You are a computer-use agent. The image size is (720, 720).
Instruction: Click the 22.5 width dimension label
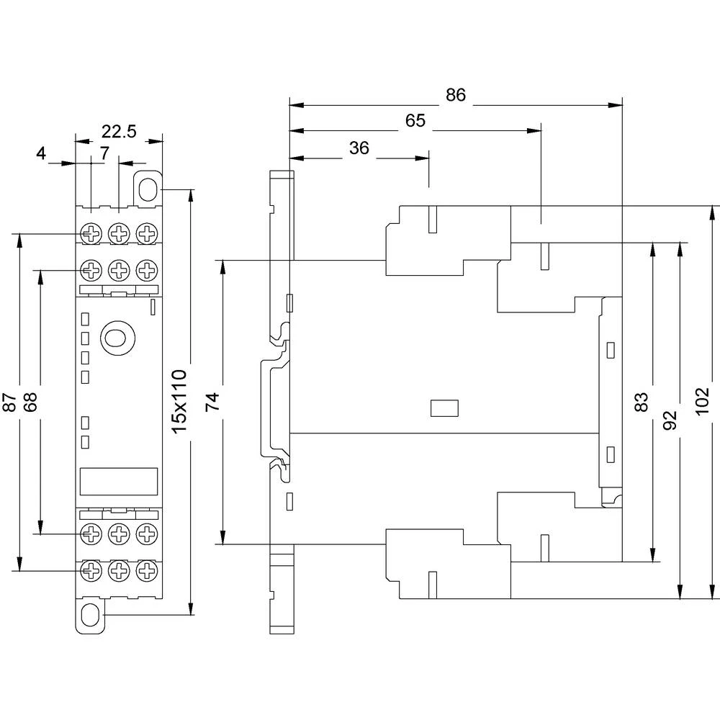(x=119, y=131)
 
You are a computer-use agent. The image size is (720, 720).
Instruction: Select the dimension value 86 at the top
(x=456, y=95)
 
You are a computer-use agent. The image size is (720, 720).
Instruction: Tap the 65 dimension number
(x=415, y=121)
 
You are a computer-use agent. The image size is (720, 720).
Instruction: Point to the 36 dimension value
(x=359, y=148)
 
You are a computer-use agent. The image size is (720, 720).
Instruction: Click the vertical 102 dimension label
(x=703, y=401)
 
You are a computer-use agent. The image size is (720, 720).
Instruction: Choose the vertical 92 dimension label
(x=670, y=420)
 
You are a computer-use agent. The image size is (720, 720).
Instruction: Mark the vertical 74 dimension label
(x=212, y=401)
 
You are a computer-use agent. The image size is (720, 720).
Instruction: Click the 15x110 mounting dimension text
(x=179, y=400)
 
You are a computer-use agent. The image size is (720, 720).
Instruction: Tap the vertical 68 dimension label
(x=30, y=402)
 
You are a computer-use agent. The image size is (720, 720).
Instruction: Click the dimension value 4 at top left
(x=41, y=153)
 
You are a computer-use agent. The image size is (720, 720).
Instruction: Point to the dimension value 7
(x=104, y=153)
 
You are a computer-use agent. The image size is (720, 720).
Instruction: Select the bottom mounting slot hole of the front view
(x=91, y=616)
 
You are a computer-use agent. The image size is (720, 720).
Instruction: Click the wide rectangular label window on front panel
(x=117, y=480)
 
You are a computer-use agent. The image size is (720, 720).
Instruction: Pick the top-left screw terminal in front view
(x=91, y=233)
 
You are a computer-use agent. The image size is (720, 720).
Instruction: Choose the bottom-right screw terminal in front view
(x=146, y=571)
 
